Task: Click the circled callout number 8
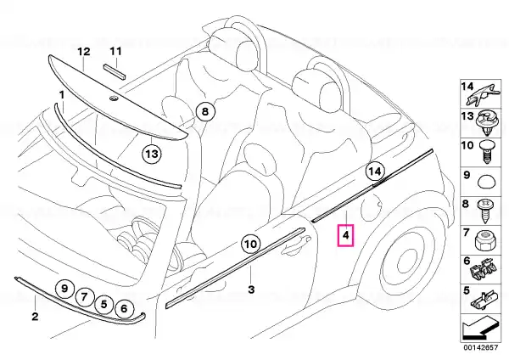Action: click(x=205, y=112)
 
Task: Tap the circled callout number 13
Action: click(x=152, y=154)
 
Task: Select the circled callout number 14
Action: click(x=375, y=172)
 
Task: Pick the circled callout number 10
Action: click(x=250, y=244)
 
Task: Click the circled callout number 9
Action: click(x=64, y=288)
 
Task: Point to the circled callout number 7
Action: click(x=84, y=296)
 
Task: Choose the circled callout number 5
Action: click(x=103, y=304)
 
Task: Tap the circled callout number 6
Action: click(x=124, y=308)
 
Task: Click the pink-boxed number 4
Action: click(x=346, y=235)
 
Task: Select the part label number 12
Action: click(x=83, y=52)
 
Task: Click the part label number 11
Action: click(x=115, y=51)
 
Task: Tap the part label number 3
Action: click(x=251, y=290)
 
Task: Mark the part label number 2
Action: click(x=35, y=316)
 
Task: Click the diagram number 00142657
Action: click(x=480, y=347)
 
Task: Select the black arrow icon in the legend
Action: click(x=480, y=329)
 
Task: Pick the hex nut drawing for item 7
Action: click(x=484, y=241)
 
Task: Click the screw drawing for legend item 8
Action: click(x=485, y=211)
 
